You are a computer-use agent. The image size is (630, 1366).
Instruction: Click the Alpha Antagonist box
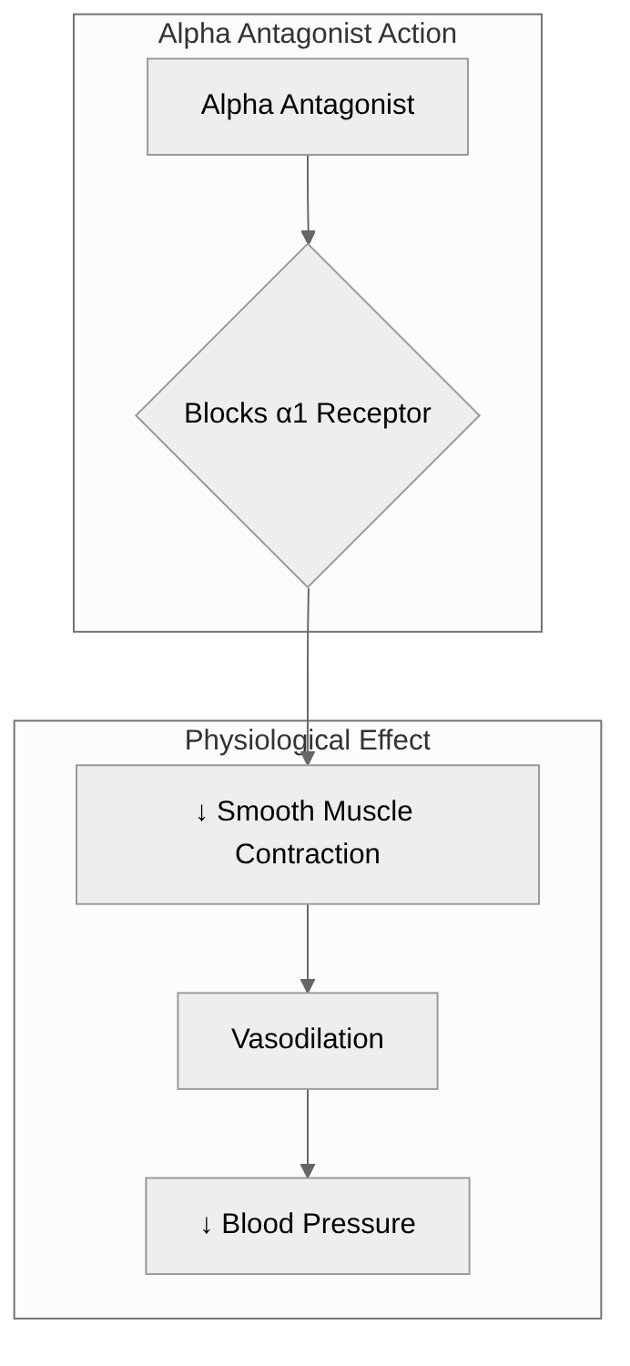[308, 107]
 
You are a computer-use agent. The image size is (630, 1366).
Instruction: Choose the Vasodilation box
[308, 1040]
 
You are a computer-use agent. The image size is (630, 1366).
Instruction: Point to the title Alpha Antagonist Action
[308, 34]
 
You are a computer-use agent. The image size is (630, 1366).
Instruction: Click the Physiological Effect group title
[308, 740]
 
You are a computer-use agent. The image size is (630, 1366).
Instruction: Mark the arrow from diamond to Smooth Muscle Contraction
[308, 674]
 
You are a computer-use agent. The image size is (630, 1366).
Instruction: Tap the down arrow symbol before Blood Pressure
[206, 1225]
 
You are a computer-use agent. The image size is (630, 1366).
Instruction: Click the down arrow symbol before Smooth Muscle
[201, 812]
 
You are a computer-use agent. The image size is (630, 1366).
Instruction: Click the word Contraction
[308, 854]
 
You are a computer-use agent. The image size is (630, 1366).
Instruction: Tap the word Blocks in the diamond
[226, 413]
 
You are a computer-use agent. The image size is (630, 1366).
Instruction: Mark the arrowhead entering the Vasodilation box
[308, 985]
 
